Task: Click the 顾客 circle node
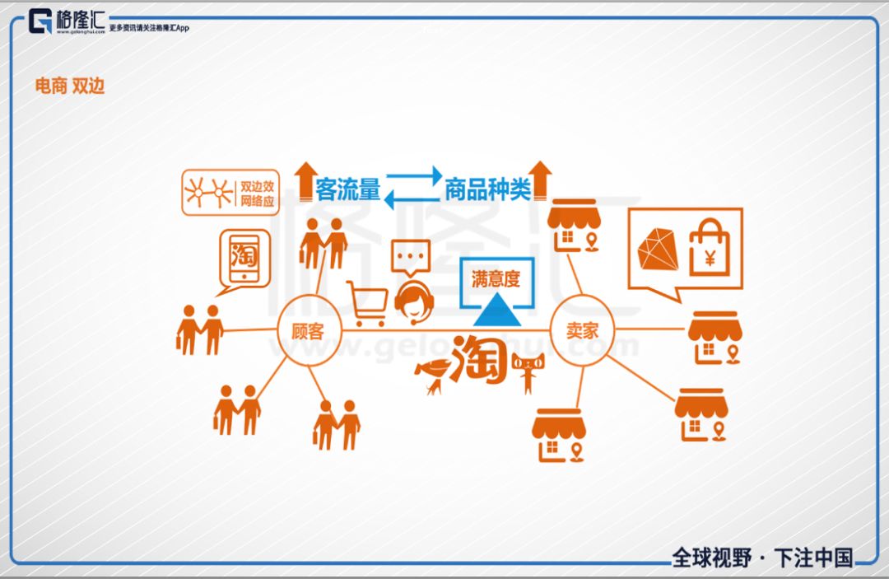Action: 308,330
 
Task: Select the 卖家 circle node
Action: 582,330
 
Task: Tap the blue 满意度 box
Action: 496,279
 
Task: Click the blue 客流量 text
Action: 347,191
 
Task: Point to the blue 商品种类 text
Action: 487,191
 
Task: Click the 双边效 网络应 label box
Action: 227,193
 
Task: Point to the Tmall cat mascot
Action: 527,372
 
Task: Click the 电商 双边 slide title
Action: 70,86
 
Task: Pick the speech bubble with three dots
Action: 410,257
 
